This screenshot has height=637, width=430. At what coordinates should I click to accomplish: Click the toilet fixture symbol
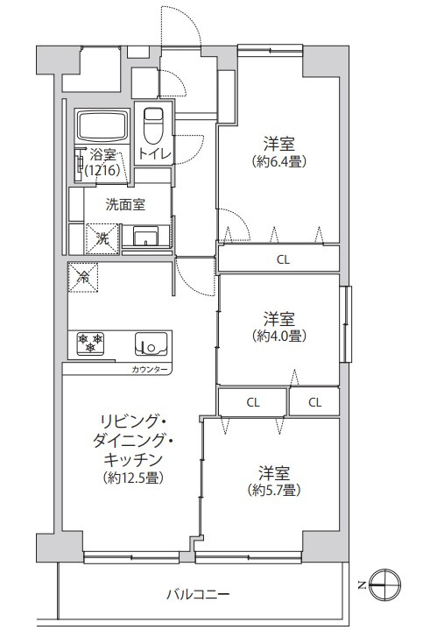(154, 126)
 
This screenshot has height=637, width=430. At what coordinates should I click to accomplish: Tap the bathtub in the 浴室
(102, 128)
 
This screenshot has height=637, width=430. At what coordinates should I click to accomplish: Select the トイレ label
(154, 154)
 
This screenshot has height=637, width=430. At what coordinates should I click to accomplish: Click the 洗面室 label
(125, 205)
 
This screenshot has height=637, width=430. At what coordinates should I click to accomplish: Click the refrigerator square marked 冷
(84, 278)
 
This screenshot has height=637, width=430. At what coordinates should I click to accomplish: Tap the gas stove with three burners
(90, 342)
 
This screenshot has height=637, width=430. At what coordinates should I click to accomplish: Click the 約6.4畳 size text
(278, 161)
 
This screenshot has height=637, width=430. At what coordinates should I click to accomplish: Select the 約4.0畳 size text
(278, 336)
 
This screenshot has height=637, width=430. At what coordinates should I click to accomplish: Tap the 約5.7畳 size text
(278, 489)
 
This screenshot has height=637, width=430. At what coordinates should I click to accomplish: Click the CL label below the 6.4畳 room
(281, 258)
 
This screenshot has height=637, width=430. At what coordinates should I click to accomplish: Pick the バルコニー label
(199, 596)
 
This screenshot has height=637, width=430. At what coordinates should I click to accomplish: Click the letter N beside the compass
(363, 584)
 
